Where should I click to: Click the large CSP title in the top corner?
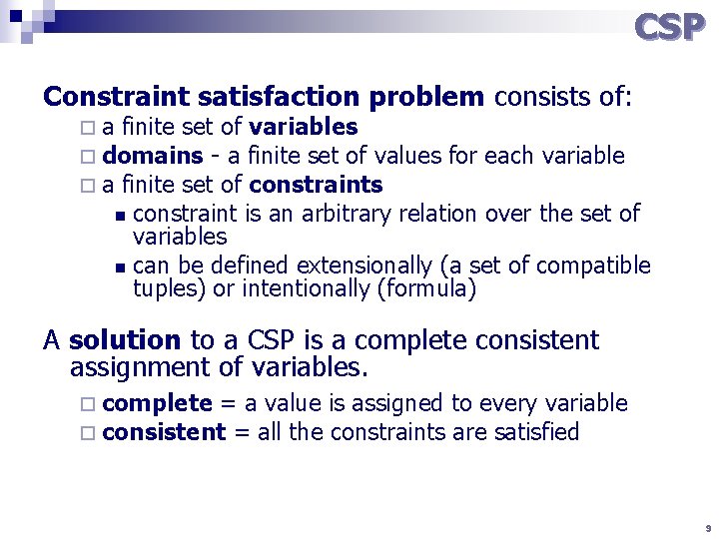pos(670,27)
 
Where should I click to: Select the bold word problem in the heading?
pos(426,97)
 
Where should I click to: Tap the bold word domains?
pos(153,156)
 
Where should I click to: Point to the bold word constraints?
pos(316,185)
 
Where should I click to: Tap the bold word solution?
pos(125,340)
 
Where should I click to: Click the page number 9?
pos(707,527)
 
